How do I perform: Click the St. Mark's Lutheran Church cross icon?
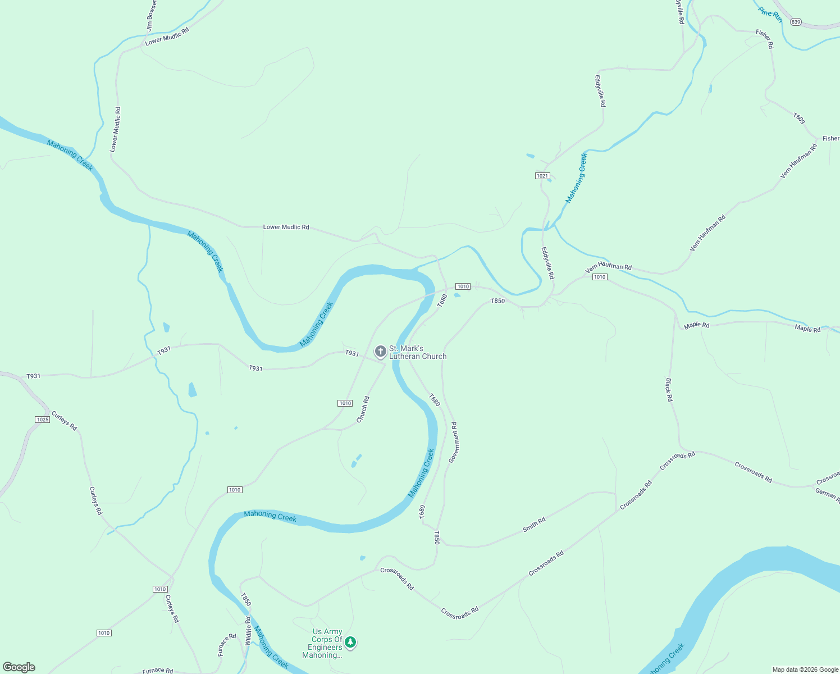(x=380, y=352)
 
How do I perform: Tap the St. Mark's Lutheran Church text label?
(x=418, y=352)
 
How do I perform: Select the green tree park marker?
(x=350, y=642)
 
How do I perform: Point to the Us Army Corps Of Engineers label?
(x=326, y=643)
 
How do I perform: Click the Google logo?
(x=19, y=667)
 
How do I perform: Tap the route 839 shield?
(x=795, y=22)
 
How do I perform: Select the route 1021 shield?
(x=542, y=176)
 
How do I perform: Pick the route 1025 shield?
(x=43, y=420)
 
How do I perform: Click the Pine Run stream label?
(x=770, y=14)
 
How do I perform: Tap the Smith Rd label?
(x=534, y=525)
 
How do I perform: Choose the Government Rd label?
(x=453, y=443)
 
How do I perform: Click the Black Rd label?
(x=669, y=390)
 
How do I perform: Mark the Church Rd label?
(x=363, y=409)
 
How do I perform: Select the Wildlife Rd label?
(x=248, y=630)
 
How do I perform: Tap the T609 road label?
(x=799, y=119)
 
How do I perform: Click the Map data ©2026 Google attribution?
(x=805, y=670)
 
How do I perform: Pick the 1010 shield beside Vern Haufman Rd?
(x=600, y=277)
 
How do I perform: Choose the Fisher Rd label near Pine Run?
(x=764, y=39)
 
